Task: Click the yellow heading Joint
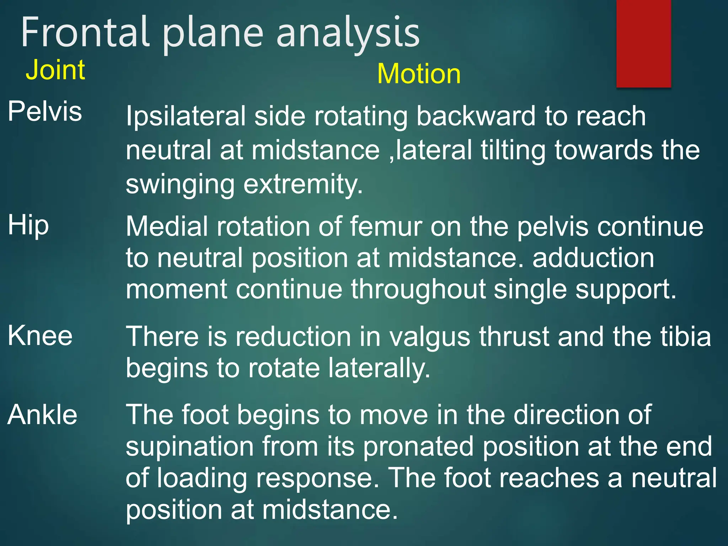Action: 55,70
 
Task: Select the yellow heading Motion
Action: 419,74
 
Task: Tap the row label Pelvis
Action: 45,111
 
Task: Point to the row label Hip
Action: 28,226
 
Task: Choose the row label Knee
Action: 40,336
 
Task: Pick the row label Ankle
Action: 42,415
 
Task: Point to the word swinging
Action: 180,185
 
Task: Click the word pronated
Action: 418,447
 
